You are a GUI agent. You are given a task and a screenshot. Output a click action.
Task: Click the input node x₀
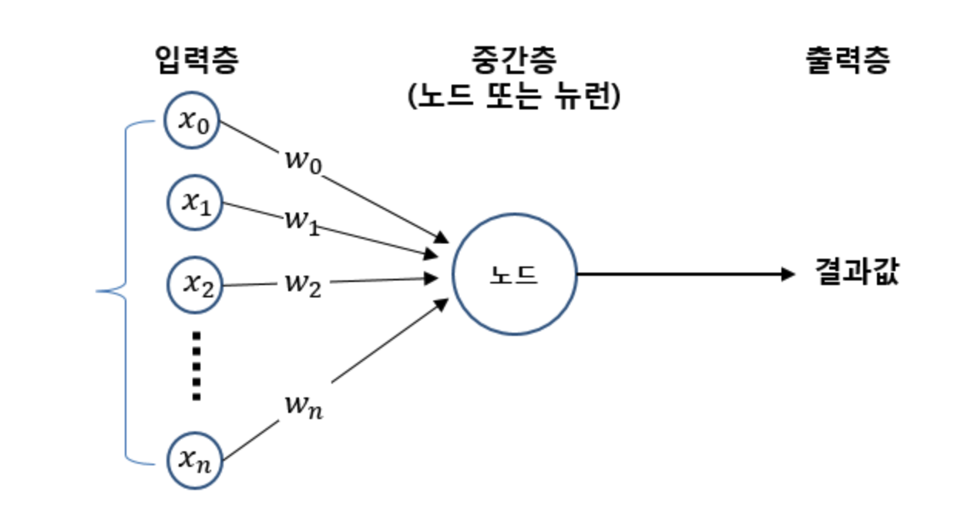click(x=193, y=121)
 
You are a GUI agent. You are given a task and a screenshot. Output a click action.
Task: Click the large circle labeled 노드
click(x=514, y=274)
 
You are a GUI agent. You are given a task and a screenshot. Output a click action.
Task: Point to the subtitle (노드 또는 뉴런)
click(x=513, y=97)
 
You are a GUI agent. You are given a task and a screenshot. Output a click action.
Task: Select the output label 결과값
click(x=857, y=273)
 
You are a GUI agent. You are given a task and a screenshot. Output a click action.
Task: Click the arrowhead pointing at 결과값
click(x=788, y=273)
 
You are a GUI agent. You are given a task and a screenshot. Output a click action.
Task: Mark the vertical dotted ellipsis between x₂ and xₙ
click(x=196, y=366)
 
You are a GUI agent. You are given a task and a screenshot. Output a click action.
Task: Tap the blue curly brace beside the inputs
click(x=123, y=291)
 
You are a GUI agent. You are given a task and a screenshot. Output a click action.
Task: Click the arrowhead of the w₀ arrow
click(x=442, y=236)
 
